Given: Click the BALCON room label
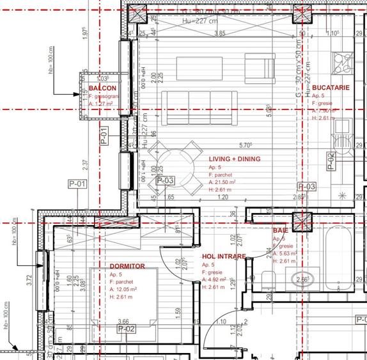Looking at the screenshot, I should (102, 87).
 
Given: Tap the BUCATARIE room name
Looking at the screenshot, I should (331, 87).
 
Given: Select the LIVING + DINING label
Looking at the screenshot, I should (235, 159).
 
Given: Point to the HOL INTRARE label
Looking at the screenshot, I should (224, 256).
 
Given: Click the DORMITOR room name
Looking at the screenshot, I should (127, 266).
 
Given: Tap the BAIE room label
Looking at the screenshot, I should (280, 230).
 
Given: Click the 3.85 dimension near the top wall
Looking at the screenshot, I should (220, 33).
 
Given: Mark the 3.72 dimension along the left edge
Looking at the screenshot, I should (29, 279).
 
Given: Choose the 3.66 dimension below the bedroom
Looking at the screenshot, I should (123, 322).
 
